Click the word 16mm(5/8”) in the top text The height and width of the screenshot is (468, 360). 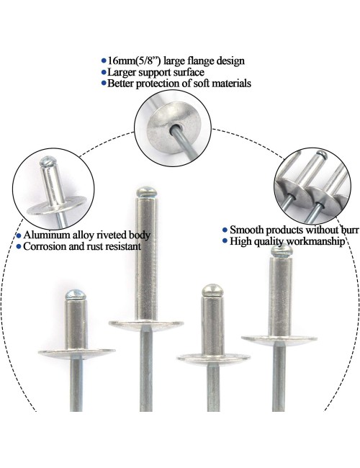135,61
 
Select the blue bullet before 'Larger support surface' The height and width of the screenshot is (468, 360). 104,73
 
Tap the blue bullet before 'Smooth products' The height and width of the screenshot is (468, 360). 225,230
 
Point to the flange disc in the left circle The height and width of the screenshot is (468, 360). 56,206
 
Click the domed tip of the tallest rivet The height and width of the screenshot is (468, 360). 146,192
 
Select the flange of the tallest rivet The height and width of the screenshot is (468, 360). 146,325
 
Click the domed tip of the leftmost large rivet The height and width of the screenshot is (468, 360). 76,295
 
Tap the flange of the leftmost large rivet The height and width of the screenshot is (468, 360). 77,353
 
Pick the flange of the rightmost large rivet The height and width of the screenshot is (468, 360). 279,339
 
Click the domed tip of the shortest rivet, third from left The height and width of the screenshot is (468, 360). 212,290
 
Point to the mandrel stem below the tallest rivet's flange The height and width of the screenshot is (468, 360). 146,369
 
